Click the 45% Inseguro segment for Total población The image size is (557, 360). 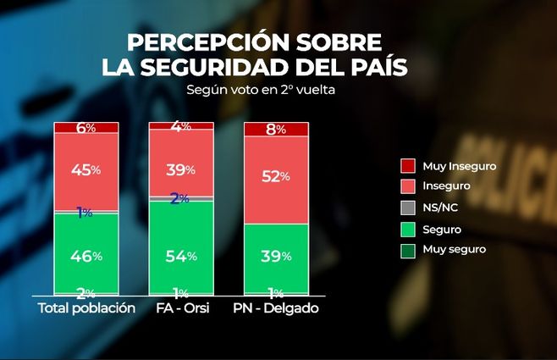tap(86, 170)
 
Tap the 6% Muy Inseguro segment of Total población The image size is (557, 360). tap(86, 128)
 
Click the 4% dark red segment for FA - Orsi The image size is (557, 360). tap(180, 125)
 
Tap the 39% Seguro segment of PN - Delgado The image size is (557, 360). tap(276, 257)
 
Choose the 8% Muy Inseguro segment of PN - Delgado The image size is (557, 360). tap(276, 130)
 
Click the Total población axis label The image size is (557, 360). tap(87, 308)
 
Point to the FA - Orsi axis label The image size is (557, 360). tap(180, 308)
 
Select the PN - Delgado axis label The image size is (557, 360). tap(275, 308)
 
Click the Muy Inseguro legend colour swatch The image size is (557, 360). tap(407, 167)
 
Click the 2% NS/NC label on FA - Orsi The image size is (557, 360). tap(179, 198)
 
